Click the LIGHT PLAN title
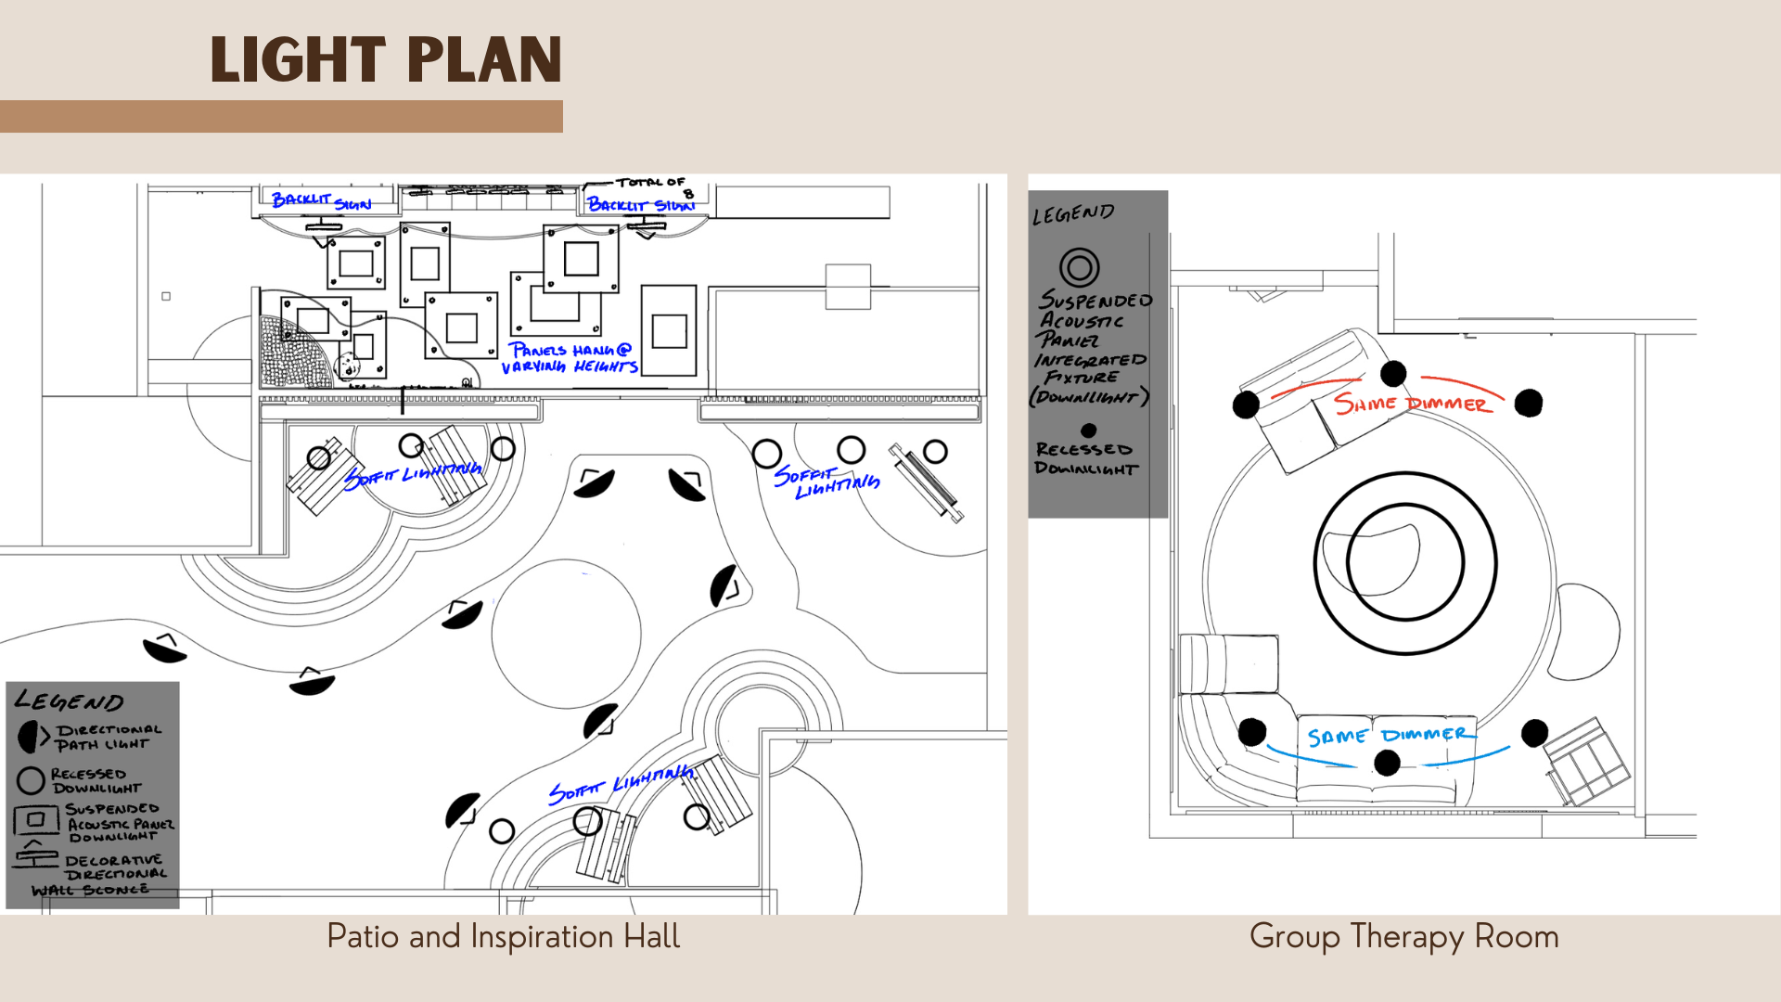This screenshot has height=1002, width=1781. [386, 59]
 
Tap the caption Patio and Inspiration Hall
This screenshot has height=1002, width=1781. [504, 936]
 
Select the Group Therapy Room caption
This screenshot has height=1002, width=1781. [1403, 936]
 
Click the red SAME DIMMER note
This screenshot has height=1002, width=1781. [1411, 404]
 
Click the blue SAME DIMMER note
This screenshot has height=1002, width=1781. [1387, 736]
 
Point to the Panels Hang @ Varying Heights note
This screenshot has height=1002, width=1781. [570, 358]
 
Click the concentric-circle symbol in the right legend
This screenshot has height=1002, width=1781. [1079, 267]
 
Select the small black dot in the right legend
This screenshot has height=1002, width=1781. [1089, 430]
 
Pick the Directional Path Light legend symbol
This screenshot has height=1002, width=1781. [32, 737]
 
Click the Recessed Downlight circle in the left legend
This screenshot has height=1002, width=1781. [31, 780]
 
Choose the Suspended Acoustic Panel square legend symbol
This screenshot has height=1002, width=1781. [36, 820]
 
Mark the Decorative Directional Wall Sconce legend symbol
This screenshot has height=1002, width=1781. [34, 854]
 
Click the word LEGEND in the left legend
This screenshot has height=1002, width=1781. [69, 701]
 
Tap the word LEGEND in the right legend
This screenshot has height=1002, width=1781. [1073, 214]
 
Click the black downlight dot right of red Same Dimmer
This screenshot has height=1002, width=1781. [1528, 403]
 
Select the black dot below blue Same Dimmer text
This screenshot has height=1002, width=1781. [1387, 763]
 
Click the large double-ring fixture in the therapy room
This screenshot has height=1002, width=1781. [1405, 562]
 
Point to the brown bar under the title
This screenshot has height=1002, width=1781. [281, 116]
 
